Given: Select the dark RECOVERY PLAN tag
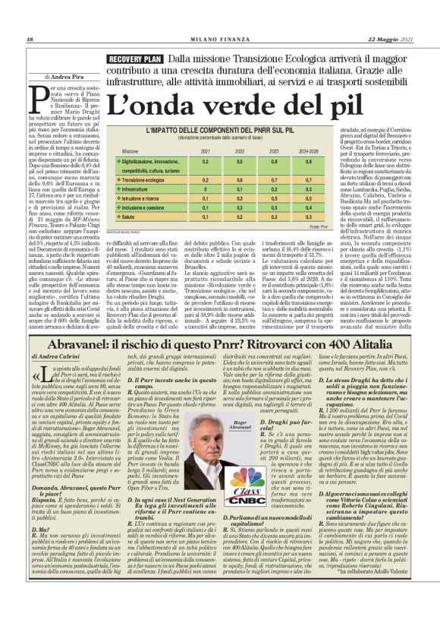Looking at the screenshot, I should pos(134,59).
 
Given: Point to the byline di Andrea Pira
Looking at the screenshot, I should pos(65,77).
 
